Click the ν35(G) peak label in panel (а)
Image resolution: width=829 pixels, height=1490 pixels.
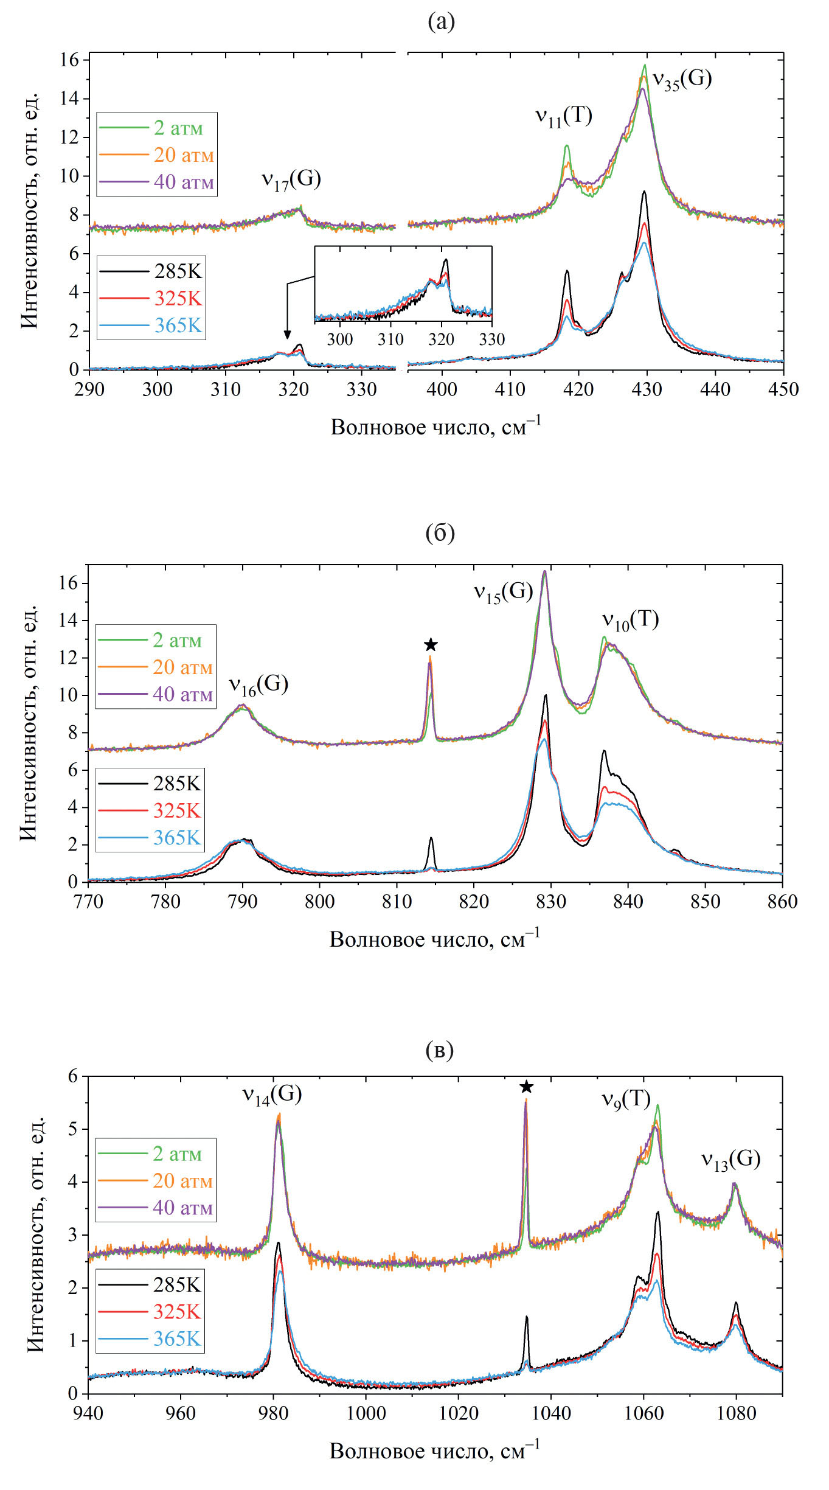[682, 80]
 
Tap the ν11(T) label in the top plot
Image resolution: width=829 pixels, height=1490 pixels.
[563, 116]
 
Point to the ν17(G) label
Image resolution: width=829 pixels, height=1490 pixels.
[291, 179]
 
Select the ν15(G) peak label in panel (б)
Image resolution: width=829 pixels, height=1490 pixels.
[503, 592]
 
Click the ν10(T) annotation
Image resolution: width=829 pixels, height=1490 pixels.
[630, 620]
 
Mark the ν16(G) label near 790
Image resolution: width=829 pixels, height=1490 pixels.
[258, 685]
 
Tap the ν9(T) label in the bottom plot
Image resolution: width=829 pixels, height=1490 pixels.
[626, 1099]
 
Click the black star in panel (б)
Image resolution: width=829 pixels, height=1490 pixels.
[431, 645]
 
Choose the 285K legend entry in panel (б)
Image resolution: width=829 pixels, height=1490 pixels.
[176, 783]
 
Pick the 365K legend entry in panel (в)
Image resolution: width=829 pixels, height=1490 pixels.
[176, 1339]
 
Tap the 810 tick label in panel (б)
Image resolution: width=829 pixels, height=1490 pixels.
[397, 902]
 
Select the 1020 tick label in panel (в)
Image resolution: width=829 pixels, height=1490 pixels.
[458, 1413]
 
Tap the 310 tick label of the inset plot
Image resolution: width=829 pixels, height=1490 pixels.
[390, 339]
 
